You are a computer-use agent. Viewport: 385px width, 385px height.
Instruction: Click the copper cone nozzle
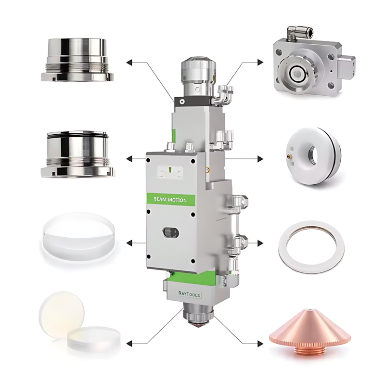pyautogui.click(x=310, y=335)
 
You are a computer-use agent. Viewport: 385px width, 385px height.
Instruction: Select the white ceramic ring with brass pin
pyautogui.click(x=313, y=156)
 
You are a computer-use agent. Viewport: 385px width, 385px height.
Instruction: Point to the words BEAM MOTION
pyautogui.click(x=170, y=200)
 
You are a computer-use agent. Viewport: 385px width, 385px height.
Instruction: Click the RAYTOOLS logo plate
pyautogui.click(x=189, y=294)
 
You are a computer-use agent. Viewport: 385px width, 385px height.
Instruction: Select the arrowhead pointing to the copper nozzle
pyautogui.click(x=260, y=344)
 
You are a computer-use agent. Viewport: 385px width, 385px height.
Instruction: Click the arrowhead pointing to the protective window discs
pyautogui.click(x=129, y=344)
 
